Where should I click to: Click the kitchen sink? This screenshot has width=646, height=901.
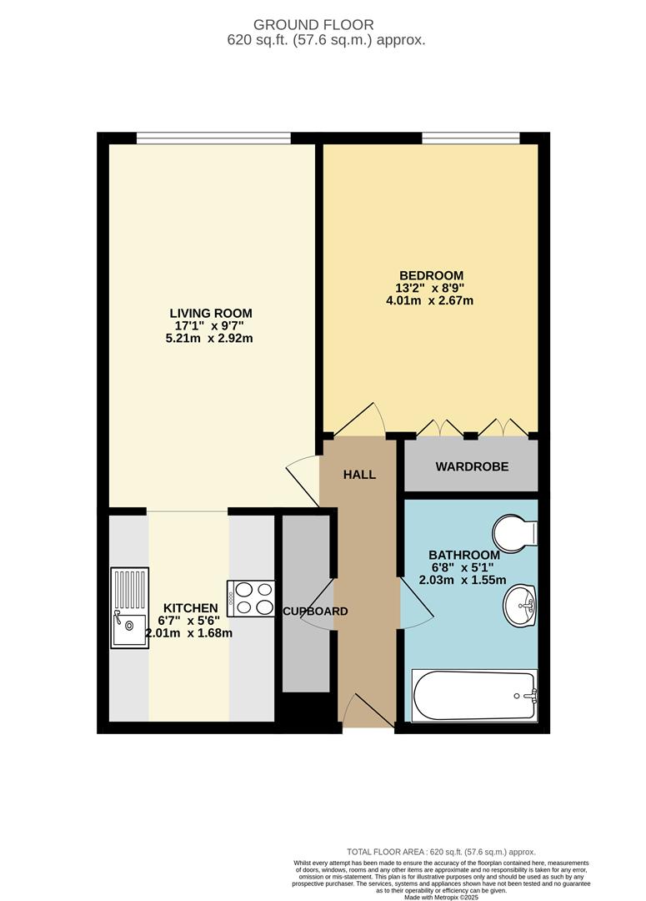130,607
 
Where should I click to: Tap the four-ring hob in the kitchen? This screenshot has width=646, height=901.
251,598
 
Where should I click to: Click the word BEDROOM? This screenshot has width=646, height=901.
431,275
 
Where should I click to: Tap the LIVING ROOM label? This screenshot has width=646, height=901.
210,313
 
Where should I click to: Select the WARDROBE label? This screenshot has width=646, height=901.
472,466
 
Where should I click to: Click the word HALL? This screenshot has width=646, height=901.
360,475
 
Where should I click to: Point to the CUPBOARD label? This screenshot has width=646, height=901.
315,612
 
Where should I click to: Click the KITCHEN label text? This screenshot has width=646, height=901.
190,608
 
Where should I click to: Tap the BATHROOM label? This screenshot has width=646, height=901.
464,555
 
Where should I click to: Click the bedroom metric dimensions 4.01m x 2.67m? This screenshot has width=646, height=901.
431,300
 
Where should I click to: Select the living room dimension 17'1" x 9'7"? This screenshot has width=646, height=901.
210,326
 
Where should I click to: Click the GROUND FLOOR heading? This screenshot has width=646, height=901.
325,25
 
